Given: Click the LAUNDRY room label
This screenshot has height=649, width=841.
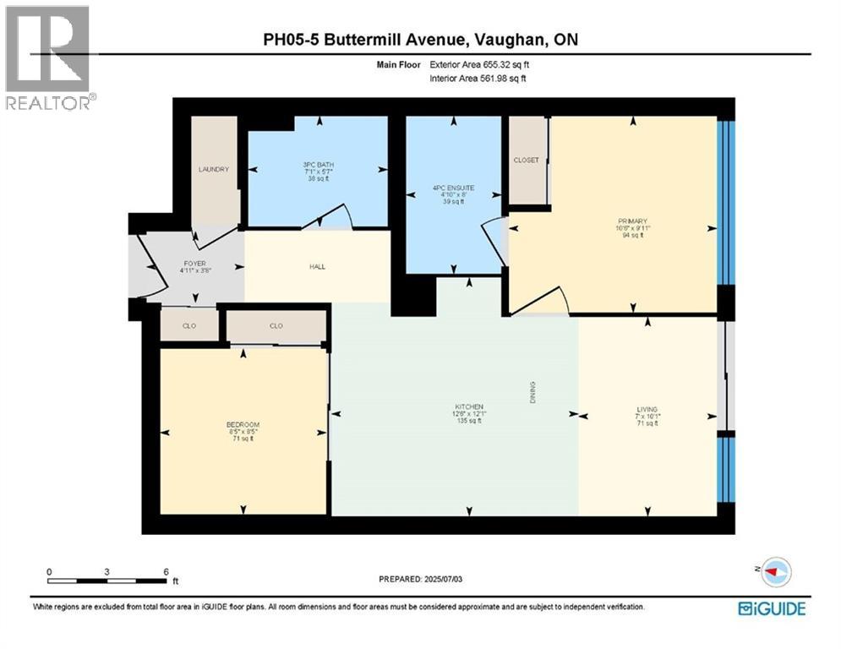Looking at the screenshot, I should click(x=214, y=169).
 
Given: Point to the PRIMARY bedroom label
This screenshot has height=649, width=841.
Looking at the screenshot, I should click(x=631, y=221).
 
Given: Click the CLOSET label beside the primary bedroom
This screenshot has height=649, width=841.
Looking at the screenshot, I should click(x=526, y=160).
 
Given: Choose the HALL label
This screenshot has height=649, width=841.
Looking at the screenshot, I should click(x=317, y=267).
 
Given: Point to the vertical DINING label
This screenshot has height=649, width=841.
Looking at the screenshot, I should click(x=533, y=392).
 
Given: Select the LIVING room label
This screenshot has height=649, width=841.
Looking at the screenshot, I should click(x=648, y=409).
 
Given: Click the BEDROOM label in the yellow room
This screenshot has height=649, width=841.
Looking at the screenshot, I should click(x=243, y=424).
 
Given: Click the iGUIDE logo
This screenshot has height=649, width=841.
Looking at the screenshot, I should click(x=771, y=608).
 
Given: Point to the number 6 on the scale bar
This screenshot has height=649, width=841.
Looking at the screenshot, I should click(x=166, y=571).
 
